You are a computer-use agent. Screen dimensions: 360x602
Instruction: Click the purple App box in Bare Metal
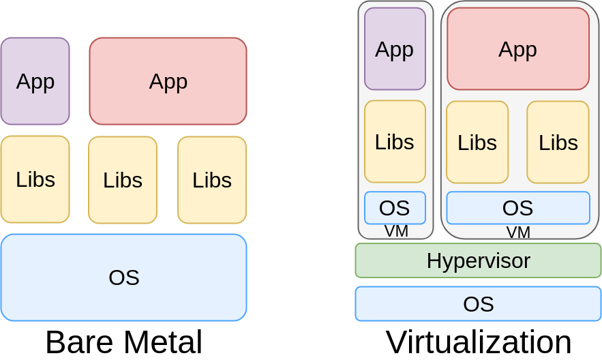click(x=35, y=81)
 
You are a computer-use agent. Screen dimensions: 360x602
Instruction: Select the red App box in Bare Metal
click(x=168, y=81)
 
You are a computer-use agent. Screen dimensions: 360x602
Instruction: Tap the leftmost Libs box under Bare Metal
click(x=35, y=179)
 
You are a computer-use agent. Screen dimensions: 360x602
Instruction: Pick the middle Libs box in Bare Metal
click(x=123, y=180)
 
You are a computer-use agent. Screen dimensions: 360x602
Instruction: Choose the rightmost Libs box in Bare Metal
click(x=212, y=180)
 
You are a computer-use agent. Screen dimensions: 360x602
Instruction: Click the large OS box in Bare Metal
click(x=123, y=277)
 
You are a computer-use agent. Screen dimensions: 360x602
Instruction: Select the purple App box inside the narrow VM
click(x=395, y=49)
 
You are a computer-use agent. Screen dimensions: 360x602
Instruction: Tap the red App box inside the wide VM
click(x=517, y=49)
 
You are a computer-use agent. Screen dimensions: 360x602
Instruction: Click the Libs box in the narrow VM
click(x=395, y=142)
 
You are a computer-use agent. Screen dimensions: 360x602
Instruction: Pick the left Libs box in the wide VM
click(x=477, y=142)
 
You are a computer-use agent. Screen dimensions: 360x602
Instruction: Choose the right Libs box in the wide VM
click(x=558, y=142)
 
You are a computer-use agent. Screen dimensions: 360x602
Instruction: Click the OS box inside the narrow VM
click(x=395, y=208)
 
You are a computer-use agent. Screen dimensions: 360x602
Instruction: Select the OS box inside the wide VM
click(x=517, y=208)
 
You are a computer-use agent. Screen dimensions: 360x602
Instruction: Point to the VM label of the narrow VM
click(x=396, y=231)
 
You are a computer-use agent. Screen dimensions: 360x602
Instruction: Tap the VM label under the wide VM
click(x=518, y=232)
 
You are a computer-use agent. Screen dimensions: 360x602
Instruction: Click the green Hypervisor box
click(x=478, y=260)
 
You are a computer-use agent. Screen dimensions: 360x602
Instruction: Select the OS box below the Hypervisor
click(x=478, y=304)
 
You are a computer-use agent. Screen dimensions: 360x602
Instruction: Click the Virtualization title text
click(x=478, y=342)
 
